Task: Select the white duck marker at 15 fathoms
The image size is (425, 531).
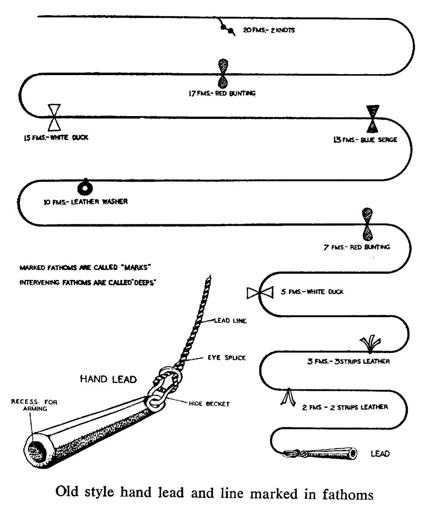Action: click(55, 117)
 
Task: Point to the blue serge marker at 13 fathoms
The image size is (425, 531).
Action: click(373, 118)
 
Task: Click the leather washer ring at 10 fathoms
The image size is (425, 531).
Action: click(85, 187)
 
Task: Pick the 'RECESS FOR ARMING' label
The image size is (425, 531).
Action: click(30, 405)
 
